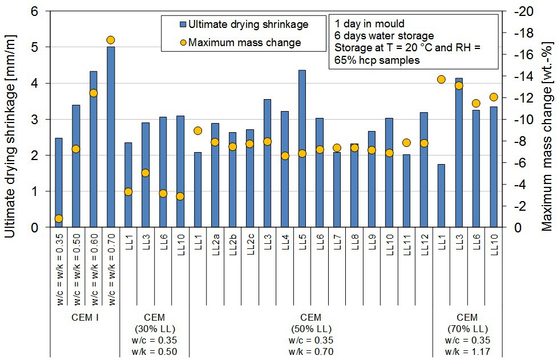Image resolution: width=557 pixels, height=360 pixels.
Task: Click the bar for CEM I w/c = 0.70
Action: click(111, 137)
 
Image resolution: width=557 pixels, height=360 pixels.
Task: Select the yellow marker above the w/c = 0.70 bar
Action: click(111, 40)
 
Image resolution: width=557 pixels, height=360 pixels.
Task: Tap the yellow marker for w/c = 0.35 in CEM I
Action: click(59, 218)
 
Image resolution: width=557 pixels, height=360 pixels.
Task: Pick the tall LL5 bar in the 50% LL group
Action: click(302, 149)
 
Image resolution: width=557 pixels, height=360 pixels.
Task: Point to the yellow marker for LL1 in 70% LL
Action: click(441, 79)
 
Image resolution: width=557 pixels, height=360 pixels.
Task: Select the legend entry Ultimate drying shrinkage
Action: click(248, 24)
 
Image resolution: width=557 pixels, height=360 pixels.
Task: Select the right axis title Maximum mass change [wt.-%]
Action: click(548, 119)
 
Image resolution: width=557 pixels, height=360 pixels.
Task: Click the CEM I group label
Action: click(85, 317)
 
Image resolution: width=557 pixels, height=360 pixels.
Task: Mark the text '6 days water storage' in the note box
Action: click(377, 35)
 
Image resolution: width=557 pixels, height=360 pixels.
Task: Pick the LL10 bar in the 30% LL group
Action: click(180, 171)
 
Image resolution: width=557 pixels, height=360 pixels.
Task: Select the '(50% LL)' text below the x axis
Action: click(310, 329)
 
